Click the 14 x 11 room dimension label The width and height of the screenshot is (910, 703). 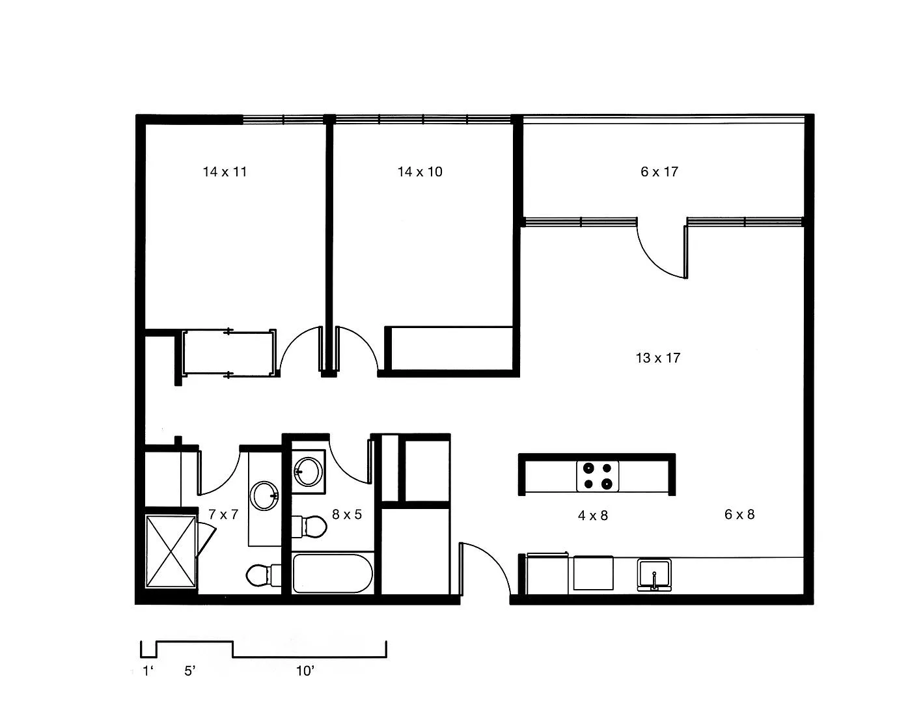pos(225,172)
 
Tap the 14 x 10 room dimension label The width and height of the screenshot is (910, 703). pos(420,172)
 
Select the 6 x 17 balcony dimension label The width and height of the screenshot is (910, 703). pos(659,172)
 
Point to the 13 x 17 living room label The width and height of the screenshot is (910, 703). pos(658,358)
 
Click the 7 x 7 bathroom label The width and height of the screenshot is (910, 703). pos(223,514)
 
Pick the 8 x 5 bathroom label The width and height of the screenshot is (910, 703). pos(347,514)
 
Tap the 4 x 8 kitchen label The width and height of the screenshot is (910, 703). pos(592,516)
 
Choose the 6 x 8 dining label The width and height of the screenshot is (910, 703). pos(739,514)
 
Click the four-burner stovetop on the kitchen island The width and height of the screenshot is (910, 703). pos(598,476)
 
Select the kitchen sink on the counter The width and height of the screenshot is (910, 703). pos(654,574)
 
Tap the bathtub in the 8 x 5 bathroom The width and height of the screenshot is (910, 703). pos(333,573)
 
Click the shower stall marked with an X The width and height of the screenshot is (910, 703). pos(171,551)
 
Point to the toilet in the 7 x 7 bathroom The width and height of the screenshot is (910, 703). pos(264,575)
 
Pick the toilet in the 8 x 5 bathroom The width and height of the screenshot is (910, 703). pos(309,527)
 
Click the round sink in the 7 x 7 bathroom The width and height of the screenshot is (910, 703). pos(264,496)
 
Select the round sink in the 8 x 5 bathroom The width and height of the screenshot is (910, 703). pos(309,472)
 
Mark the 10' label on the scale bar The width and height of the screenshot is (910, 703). pos(305,670)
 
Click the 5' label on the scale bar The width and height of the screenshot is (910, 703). pos(189,670)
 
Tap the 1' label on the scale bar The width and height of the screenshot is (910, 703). pos(148,670)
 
